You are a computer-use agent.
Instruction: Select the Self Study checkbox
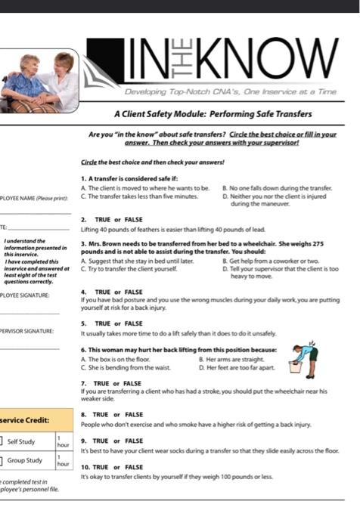tap(2, 441)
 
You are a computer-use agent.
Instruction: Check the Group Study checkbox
tap(2, 460)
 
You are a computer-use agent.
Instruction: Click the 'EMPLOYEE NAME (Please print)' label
tap(35, 198)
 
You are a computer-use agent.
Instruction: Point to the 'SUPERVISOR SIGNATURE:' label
tap(27, 331)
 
